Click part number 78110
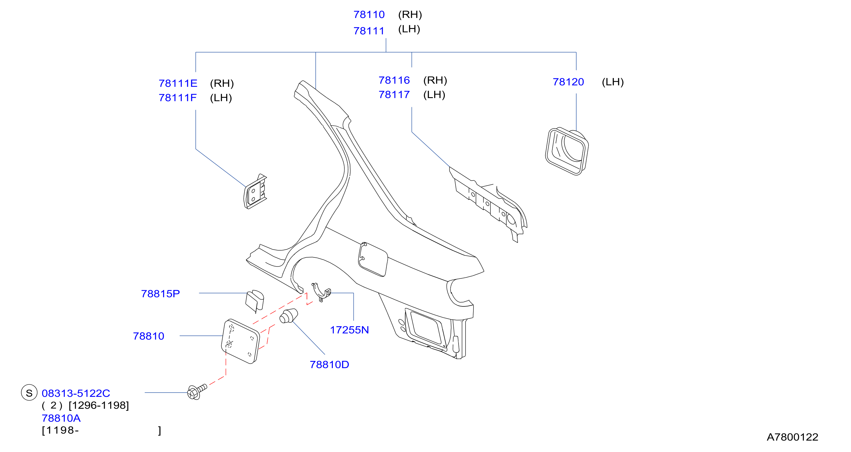(369, 15)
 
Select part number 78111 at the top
(369, 31)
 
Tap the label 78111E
(178, 83)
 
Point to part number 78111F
(178, 98)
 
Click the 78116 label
(394, 80)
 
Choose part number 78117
(394, 95)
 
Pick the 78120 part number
(568, 82)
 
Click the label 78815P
(160, 294)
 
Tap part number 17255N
(349, 330)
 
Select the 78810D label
(329, 365)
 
